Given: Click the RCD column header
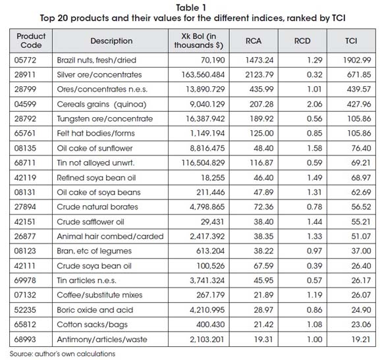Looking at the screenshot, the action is (302, 41).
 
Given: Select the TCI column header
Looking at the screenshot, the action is (351, 41).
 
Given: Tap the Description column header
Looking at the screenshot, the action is (111, 41).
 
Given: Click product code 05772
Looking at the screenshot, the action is (25, 60).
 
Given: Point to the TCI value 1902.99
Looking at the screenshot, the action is (357, 60).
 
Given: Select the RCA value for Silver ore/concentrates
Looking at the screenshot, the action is (259, 75).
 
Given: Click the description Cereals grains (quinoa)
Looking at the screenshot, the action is (101, 104).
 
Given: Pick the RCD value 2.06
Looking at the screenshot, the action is (314, 104).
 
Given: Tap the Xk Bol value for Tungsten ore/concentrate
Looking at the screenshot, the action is (205, 118).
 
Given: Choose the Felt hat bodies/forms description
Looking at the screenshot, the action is (95, 134).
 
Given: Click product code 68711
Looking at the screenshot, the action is (25, 163).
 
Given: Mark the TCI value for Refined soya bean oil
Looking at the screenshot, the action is (361, 178).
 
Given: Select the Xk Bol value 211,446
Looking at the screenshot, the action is (211, 192).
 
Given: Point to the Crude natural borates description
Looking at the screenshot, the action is (97, 207).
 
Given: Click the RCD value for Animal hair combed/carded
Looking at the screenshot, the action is (314, 236).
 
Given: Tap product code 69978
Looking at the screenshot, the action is (25, 280).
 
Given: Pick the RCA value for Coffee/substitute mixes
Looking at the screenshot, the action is (263, 295).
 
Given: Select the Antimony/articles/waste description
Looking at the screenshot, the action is (102, 340).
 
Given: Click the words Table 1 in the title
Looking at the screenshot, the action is (191, 8).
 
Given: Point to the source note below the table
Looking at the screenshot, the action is (63, 353).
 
